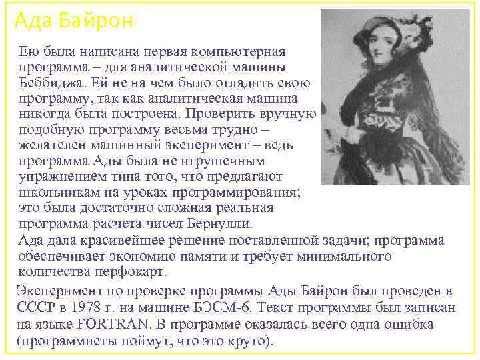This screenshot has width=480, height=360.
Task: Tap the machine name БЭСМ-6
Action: click(223, 308)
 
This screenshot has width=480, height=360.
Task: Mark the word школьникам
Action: click(55, 192)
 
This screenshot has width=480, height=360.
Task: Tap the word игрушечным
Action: click(223, 161)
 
